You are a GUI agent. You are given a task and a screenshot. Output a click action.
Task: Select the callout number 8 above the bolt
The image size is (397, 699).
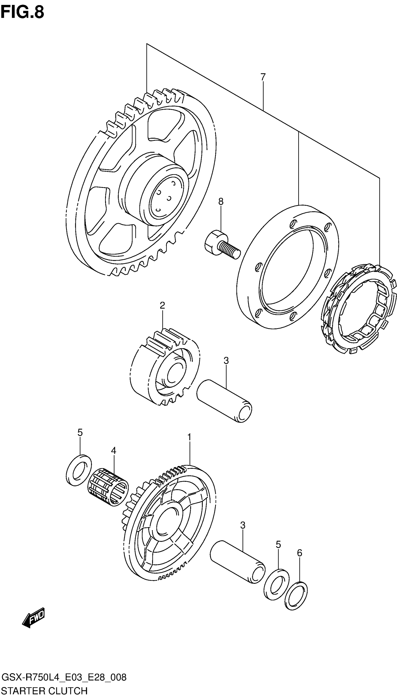(221, 202)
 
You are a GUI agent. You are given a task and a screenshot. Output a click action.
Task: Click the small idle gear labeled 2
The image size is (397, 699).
(164, 368)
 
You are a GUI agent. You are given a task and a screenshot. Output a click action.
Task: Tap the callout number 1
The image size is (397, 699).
(189, 437)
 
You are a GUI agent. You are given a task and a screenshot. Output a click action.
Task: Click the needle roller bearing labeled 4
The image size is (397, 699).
(108, 487)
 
